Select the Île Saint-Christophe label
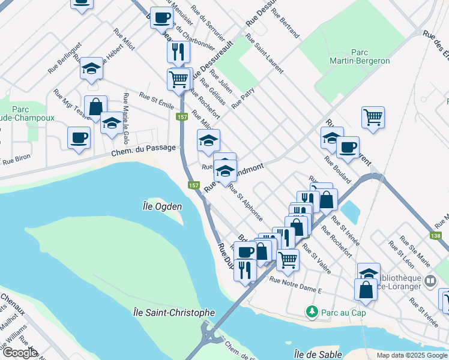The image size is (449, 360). click(x=173, y=313)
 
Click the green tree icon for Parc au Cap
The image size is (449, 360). click(x=312, y=311)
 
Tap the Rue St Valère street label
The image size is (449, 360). click(x=316, y=259)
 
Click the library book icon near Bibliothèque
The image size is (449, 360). click(x=430, y=281)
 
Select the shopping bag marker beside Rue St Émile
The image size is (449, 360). click(x=95, y=106)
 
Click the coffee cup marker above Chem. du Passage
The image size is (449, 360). click(x=79, y=137)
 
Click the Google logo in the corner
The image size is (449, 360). click(x=19, y=353)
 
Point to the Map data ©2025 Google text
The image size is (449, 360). click(x=411, y=355)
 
